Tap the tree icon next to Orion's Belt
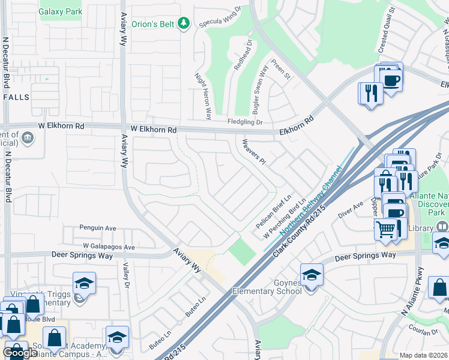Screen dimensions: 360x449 coord(184,23)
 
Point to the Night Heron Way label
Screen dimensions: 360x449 coord(202,95)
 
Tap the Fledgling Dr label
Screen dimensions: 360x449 coord(243,122)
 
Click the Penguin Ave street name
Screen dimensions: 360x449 coord(97,228)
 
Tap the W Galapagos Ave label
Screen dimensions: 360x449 coord(109,247)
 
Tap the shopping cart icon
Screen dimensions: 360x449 coord(387,228)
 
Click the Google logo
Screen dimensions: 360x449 coord(20,353)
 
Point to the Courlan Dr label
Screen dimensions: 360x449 coord(424,334)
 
